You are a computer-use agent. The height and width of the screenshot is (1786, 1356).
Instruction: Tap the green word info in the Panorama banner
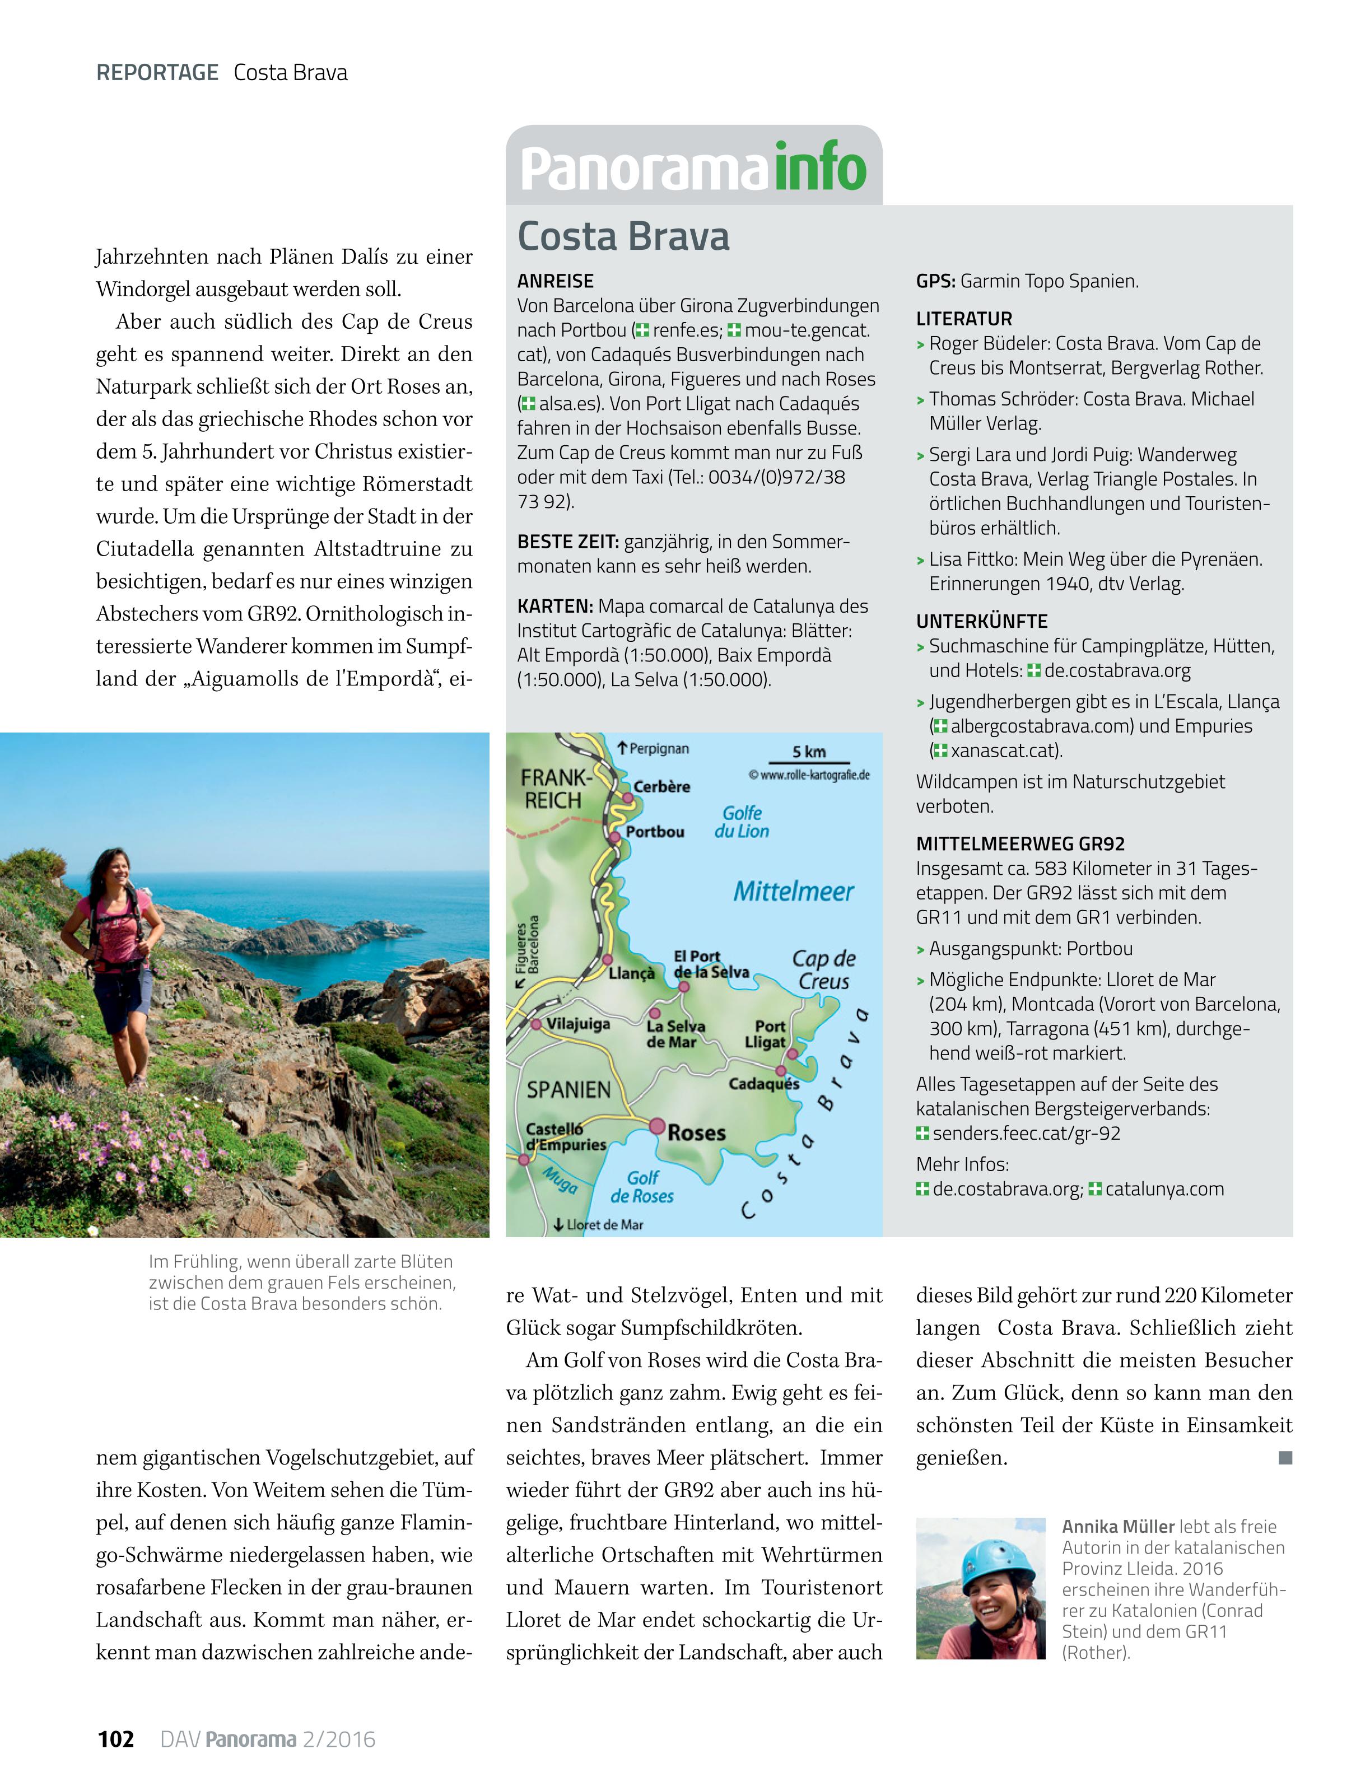click(x=820, y=166)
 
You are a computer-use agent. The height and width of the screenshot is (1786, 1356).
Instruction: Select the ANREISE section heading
click(x=555, y=281)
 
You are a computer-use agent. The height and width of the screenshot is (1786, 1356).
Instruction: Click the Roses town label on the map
click(x=696, y=1133)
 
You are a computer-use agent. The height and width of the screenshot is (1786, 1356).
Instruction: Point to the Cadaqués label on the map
click(x=763, y=1084)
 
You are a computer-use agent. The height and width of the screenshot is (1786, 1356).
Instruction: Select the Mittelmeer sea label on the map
click(x=793, y=892)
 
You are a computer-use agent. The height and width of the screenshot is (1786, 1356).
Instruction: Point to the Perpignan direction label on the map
click(x=658, y=748)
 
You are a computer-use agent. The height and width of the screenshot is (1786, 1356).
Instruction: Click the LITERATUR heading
click(x=963, y=318)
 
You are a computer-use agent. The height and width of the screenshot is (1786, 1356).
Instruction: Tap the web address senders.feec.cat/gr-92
click(x=1026, y=1133)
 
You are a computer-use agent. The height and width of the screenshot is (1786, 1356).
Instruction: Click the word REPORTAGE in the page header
click(x=157, y=73)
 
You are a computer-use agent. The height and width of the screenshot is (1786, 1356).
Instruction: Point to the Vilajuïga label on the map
click(x=578, y=1024)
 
